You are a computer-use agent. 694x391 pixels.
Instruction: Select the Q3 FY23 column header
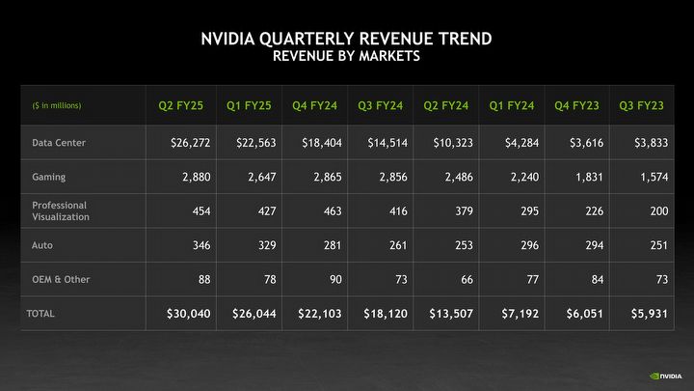pyautogui.click(x=642, y=105)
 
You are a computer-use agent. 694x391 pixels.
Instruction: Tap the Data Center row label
pyautogui.click(x=58, y=143)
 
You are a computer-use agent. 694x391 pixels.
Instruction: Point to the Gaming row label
pyautogui.click(x=48, y=178)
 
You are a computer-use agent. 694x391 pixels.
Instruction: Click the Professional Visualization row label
pyautogui.click(x=60, y=211)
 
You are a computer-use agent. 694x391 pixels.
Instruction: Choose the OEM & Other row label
pyautogui.click(x=61, y=280)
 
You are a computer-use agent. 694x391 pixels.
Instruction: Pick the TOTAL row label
pyautogui.click(x=40, y=314)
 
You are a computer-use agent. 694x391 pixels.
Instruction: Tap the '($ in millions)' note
pyautogui.click(x=57, y=105)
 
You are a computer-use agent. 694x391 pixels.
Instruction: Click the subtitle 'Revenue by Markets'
pyautogui.click(x=346, y=56)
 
